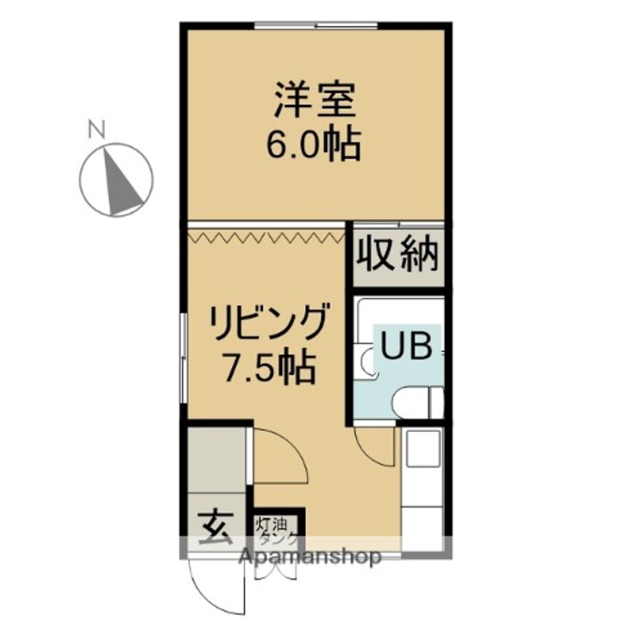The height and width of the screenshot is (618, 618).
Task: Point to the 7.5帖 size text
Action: [x=268, y=367]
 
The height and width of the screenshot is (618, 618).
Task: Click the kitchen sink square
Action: [x=423, y=446]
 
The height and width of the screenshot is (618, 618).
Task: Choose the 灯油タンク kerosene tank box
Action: [x=276, y=527]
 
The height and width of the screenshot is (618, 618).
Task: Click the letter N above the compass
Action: [x=97, y=130]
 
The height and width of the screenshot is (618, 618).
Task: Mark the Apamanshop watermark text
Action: [x=318, y=557]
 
